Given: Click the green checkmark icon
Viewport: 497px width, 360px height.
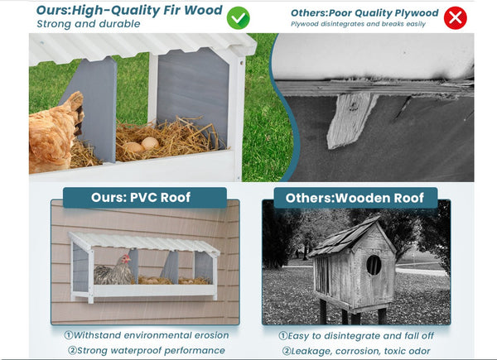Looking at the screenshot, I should point(239,17).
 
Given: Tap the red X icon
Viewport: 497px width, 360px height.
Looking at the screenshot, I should point(455,17).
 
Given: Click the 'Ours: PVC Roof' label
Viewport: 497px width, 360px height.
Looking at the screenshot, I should point(146,198).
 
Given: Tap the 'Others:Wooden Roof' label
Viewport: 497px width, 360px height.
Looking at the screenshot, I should point(355,198).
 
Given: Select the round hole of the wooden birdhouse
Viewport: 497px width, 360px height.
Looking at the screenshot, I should point(374,264).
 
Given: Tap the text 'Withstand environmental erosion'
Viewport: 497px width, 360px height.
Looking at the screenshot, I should point(146,335).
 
